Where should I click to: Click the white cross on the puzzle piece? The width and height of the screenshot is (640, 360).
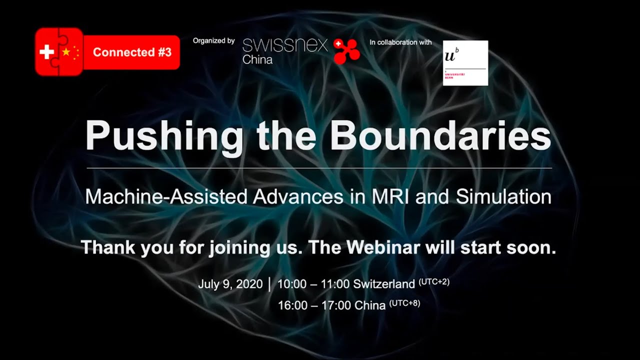(x=46, y=52)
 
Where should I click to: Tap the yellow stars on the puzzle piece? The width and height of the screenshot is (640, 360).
(x=70, y=52)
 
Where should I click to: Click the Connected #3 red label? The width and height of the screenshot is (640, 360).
(x=132, y=52)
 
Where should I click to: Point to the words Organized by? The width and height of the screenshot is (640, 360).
(x=213, y=41)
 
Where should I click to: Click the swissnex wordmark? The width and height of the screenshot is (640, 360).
(x=284, y=45)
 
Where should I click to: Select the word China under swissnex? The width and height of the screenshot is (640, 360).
(x=257, y=60)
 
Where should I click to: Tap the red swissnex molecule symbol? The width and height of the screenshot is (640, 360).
(x=347, y=51)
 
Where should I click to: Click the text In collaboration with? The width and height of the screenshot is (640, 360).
(x=400, y=42)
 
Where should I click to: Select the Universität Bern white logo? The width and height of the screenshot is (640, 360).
(x=465, y=63)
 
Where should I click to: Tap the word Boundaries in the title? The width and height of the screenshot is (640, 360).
(x=440, y=136)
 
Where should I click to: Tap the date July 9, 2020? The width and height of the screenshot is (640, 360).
(x=230, y=284)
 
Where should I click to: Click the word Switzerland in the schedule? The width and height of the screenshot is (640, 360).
(x=384, y=284)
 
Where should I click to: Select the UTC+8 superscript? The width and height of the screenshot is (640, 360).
(x=404, y=302)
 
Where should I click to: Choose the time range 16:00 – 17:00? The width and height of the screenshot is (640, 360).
(x=314, y=305)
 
